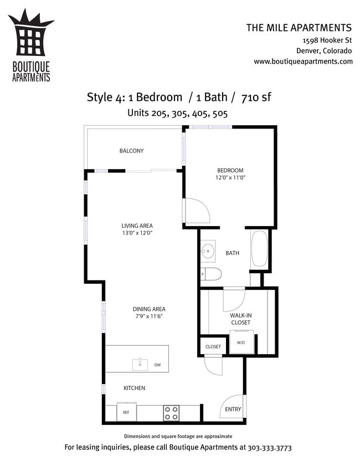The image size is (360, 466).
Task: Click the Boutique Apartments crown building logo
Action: pyautogui.click(x=30, y=37)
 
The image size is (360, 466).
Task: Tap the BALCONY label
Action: pyautogui.click(x=132, y=151)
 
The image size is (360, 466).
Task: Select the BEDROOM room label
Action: pyautogui.click(x=230, y=170)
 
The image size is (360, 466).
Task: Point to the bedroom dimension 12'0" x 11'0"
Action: pyautogui.click(x=230, y=178)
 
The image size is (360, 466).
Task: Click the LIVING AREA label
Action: pyautogui.click(x=137, y=226)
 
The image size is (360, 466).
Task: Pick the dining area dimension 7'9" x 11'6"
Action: pyautogui.click(x=149, y=316)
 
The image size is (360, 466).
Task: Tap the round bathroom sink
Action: pyautogui.click(x=208, y=251)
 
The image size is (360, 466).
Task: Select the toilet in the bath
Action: pyautogui.click(x=212, y=274)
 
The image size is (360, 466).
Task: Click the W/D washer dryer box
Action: pyautogui.click(x=241, y=342)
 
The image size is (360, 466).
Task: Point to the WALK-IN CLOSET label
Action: pyautogui.click(x=240, y=319)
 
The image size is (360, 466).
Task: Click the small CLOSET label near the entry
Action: pyautogui.click(x=213, y=347)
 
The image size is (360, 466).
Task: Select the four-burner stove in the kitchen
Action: pyautogui.click(x=171, y=413)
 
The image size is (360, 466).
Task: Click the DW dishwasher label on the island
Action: pyautogui.click(x=158, y=365)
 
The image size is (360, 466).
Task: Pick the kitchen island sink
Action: pyautogui.click(x=140, y=365)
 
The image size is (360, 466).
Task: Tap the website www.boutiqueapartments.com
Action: pyautogui.click(x=303, y=62)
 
